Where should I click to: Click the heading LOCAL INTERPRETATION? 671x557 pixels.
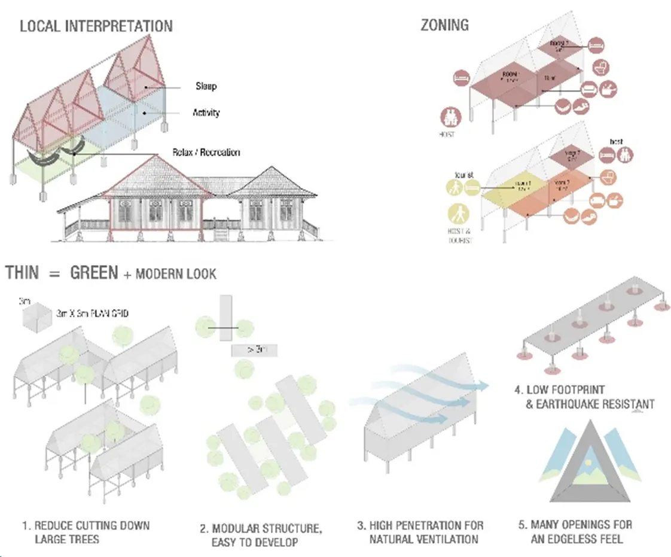click(96, 26)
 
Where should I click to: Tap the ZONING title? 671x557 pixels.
click(444, 25)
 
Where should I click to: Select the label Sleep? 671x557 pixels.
click(206, 86)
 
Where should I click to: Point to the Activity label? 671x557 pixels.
click(206, 112)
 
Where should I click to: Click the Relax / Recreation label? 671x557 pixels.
click(206, 153)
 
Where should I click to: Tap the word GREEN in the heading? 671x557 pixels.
click(94, 273)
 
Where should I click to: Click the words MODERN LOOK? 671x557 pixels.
click(176, 275)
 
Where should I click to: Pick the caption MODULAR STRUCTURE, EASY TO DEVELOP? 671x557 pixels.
click(260, 535)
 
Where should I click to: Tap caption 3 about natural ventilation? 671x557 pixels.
click(420, 532)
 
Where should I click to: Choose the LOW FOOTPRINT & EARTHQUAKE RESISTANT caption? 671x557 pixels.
click(584, 397)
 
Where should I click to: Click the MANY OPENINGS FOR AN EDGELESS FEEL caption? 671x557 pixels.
click(575, 531)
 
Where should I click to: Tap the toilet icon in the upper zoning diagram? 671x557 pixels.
click(602, 67)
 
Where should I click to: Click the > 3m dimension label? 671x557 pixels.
click(253, 350)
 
